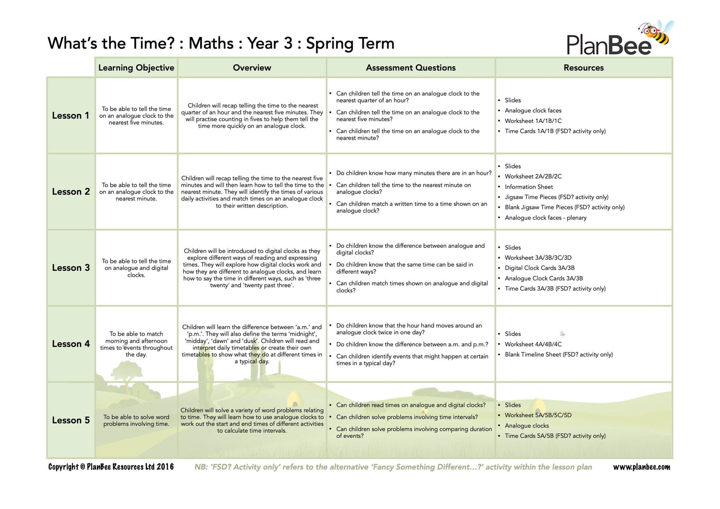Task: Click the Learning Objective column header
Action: pyautogui.click(x=136, y=68)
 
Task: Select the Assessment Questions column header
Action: pyautogui.click(x=410, y=68)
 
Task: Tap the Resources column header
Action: pyautogui.click(x=583, y=68)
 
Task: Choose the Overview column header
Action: pyautogui.click(x=252, y=68)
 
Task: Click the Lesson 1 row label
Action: pyautogui.click(x=71, y=116)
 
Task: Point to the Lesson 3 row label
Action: pyautogui.click(x=71, y=268)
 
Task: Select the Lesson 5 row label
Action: pyautogui.click(x=71, y=420)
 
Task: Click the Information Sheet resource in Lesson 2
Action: pyautogui.click(x=528, y=187)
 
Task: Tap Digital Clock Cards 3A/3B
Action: pyautogui.click(x=539, y=268)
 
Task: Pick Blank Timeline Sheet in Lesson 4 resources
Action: pyautogui.click(x=558, y=354)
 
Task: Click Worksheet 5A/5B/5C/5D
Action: pyautogui.click(x=538, y=415)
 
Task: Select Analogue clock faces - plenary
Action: pyautogui.click(x=545, y=218)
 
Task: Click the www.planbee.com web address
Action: pyautogui.click(x=641, y=467)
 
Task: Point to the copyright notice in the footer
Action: pyautogui.click(x=111, y=467)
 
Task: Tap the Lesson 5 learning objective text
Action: pyautogui.click(x=136, y=420)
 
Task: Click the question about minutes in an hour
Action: pyautogui.click(x=414, y=173)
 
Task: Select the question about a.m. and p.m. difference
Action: pyautogui.click(x=412, y=344)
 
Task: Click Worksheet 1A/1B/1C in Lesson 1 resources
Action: pyautogui.click(x=533, y=121)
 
